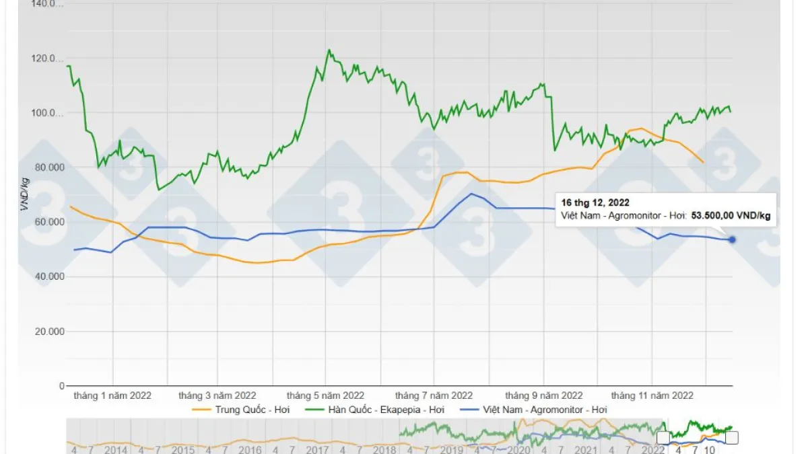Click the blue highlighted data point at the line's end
[x=732, y=239]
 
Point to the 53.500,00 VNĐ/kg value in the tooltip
[x=731, y=216]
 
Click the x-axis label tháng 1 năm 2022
[x=112, y=395]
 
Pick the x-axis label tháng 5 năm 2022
[x=325, y=395]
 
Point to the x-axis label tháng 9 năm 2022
[x=544, y=395]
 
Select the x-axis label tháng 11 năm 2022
[x=652, y=395]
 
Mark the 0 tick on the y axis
[x=61, y=386]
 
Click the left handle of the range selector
[x=663, y=438]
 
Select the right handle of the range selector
[x=732, y=438]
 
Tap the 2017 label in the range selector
[x=318, y=449]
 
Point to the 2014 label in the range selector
[x=116, y=449]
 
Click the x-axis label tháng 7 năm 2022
[x=434, y=395]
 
